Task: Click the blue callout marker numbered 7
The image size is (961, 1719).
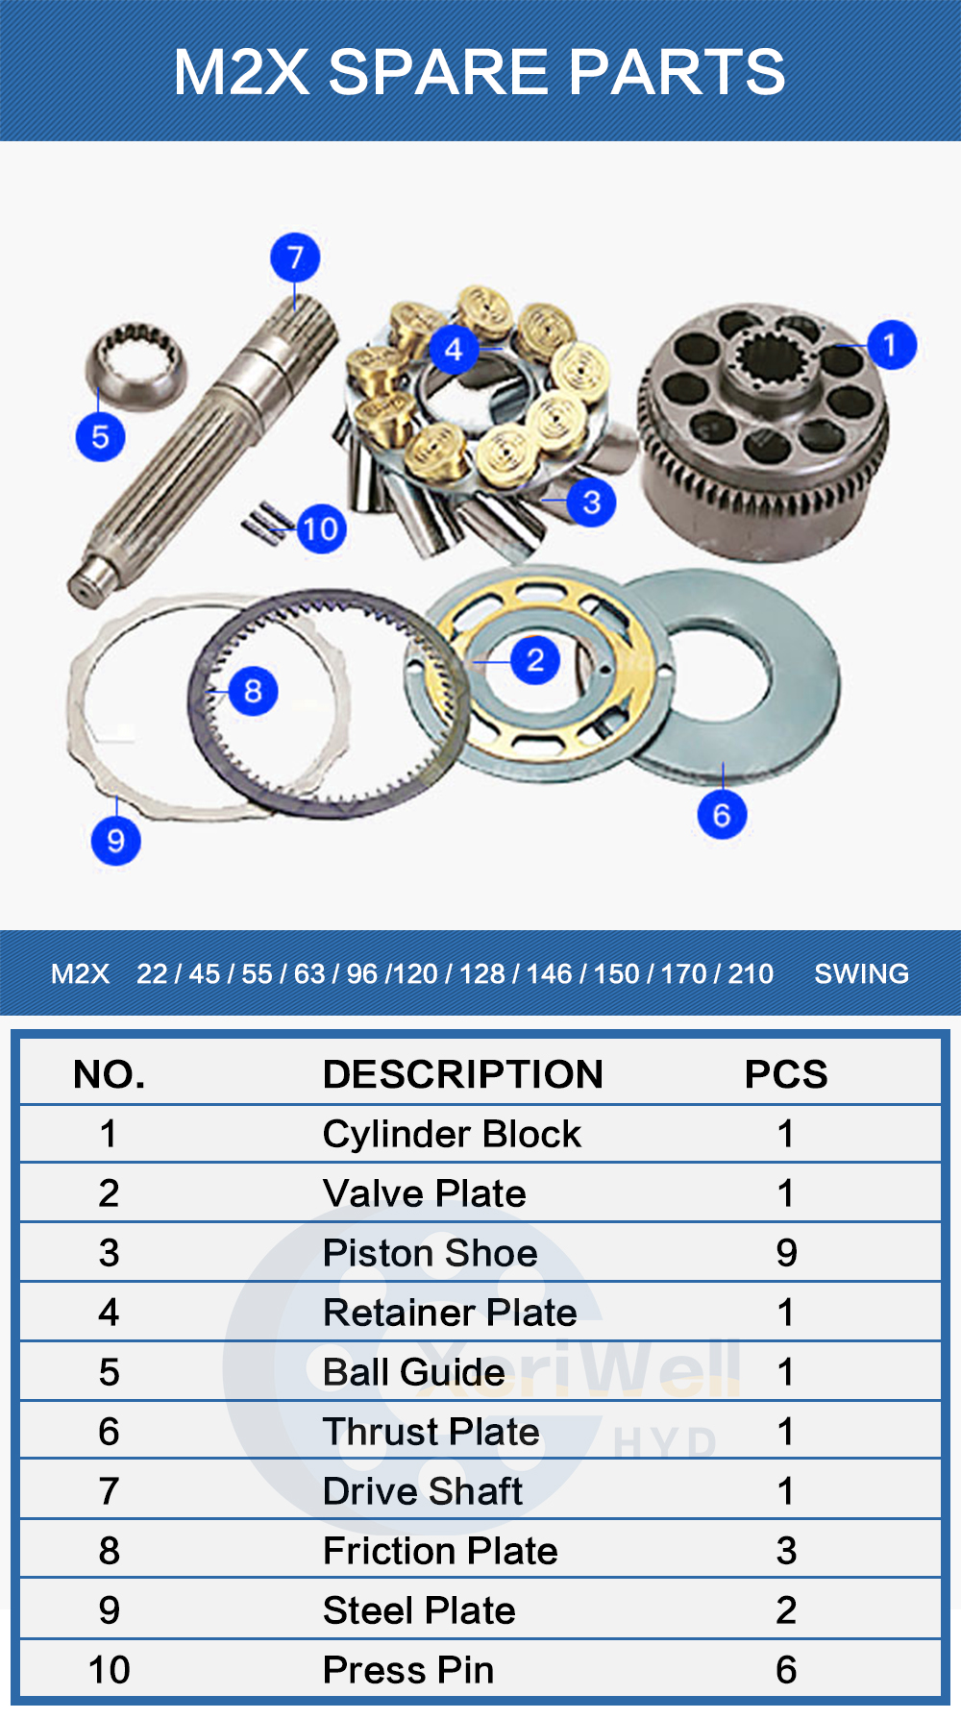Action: point(295,257)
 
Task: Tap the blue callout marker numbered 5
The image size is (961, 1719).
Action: point(100,436)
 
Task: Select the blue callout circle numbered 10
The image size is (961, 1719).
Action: point(321,528)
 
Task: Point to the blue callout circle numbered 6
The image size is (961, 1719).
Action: point(722,814)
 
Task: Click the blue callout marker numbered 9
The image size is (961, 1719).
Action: point(115,840)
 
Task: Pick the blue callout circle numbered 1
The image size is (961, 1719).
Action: point(891,344)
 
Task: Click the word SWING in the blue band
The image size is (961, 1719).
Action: point(861,973)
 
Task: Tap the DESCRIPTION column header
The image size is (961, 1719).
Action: point(463,1074)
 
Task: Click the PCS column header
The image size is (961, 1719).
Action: point(786,1074)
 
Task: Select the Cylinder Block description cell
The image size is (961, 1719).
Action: point(452,1134)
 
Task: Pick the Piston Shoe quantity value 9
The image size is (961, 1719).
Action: point(786,1253)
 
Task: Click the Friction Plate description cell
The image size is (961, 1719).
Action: point(440,1551)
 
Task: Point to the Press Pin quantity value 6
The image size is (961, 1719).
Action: point(786,1670)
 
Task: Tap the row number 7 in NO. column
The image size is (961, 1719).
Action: point(109,1491)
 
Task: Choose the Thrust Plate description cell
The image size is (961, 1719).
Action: point(431,1432)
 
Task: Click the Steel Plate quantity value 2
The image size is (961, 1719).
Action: point(786,1610)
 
